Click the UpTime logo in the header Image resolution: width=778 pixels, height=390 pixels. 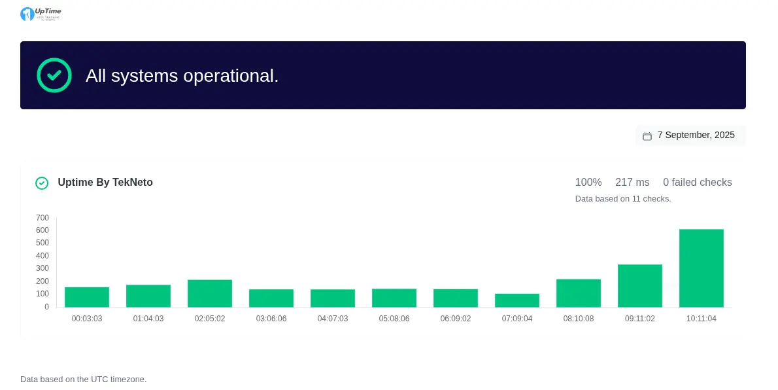click(41, 14)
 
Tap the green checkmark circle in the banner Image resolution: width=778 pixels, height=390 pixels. click(54, 75)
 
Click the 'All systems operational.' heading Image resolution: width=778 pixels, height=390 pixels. click(182, 76)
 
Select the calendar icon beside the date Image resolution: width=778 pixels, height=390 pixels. click(647, 136)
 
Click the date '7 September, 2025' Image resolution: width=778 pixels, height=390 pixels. click(696, 135)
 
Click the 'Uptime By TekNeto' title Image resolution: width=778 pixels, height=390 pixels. click(105, 183)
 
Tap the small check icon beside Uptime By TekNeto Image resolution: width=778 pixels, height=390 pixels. click(42, 183)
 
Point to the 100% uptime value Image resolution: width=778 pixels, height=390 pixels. click(588, 183)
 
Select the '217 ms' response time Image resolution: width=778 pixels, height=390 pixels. click(632, 183)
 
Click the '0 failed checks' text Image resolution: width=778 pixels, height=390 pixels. click(697, 183)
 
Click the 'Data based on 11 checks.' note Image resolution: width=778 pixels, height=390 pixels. click(622, 199)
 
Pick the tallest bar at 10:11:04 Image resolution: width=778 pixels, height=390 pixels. click(701, 268)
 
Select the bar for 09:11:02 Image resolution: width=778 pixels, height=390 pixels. click(639, 286)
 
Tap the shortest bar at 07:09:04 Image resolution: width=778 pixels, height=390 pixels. click(516, 300)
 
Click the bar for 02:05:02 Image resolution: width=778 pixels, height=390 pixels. click(209, 294)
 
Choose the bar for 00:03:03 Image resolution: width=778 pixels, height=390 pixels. click(86, 297)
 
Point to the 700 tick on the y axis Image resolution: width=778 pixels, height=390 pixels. click(42, 218)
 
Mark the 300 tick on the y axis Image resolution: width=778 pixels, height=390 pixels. click(42, 268)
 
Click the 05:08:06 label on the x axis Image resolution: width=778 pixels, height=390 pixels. click(394, 319)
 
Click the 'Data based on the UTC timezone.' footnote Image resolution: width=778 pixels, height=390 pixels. click(84, 380)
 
